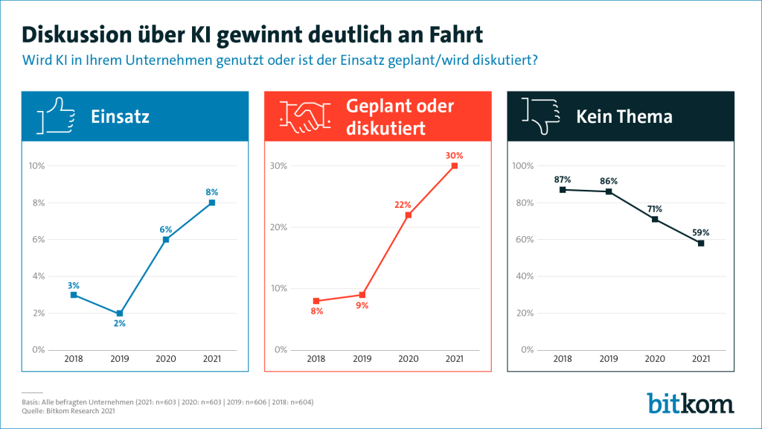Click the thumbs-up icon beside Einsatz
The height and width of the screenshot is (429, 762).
[x=56, y=117]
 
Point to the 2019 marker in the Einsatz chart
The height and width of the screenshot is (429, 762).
[x=119, y=314]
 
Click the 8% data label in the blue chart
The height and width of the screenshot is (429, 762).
[x=211, y=192]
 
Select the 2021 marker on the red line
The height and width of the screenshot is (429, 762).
[x=455, y=166]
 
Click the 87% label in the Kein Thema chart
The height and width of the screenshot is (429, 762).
[x=563, y=179]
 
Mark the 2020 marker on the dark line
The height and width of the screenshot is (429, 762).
[x=655, y=219]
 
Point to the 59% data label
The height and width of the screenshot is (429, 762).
[x=701, y=232]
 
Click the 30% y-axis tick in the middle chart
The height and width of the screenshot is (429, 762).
[x=278, y=166]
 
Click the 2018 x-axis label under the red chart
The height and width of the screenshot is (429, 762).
[x=316, y=359]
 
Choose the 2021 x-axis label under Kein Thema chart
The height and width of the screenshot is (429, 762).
[x=701, y=359]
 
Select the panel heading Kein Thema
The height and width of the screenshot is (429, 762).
[x=624, y=117]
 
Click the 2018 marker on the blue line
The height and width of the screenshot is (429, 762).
[x=74, y=295]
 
